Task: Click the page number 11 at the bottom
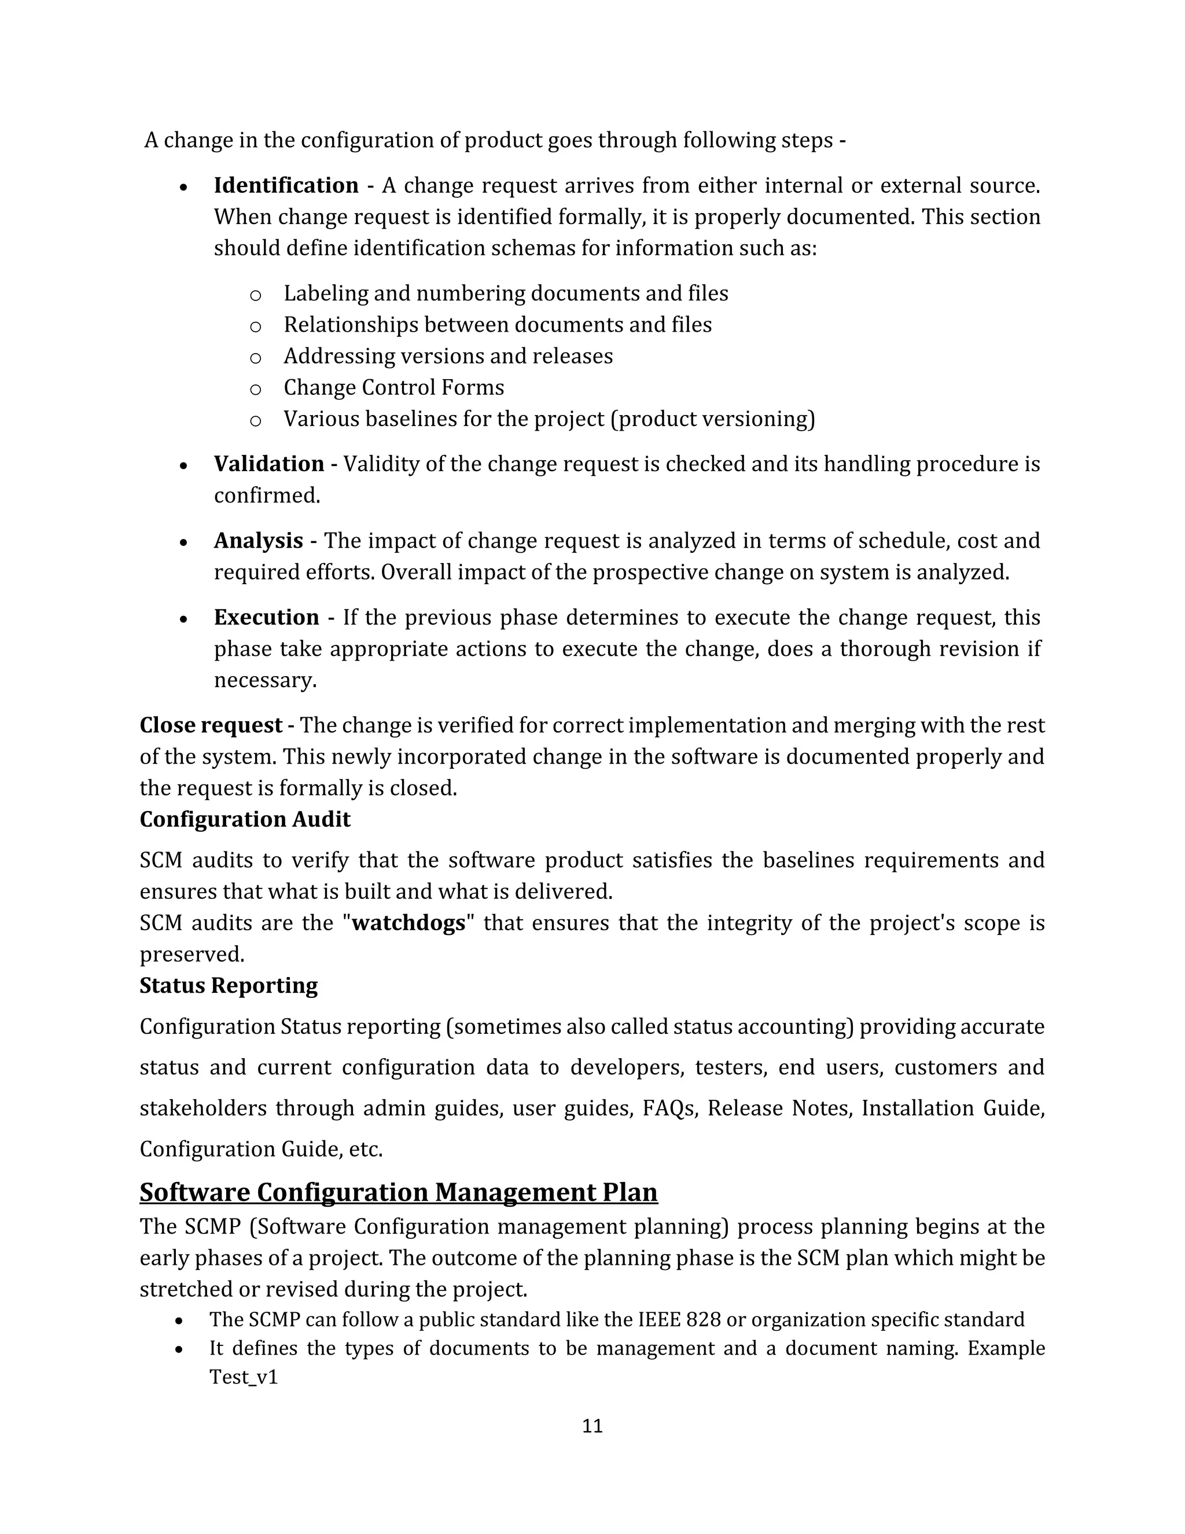pos(592,1426)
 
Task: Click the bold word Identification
pos(286,185)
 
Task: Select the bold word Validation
pos(269,464)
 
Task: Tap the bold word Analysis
pos(258,541)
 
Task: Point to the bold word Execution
pos(266,618)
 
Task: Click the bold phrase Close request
pos(211,725)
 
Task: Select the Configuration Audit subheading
pos(244,820)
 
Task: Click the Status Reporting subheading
pos(228,985)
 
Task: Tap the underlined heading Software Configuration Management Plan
pos(398,1192)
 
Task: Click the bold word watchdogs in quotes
pos(408,923)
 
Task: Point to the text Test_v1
pos(244,1377)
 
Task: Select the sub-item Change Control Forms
pos(393,388)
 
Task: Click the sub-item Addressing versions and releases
pos(447,356)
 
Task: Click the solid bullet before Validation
pos(183,465)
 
